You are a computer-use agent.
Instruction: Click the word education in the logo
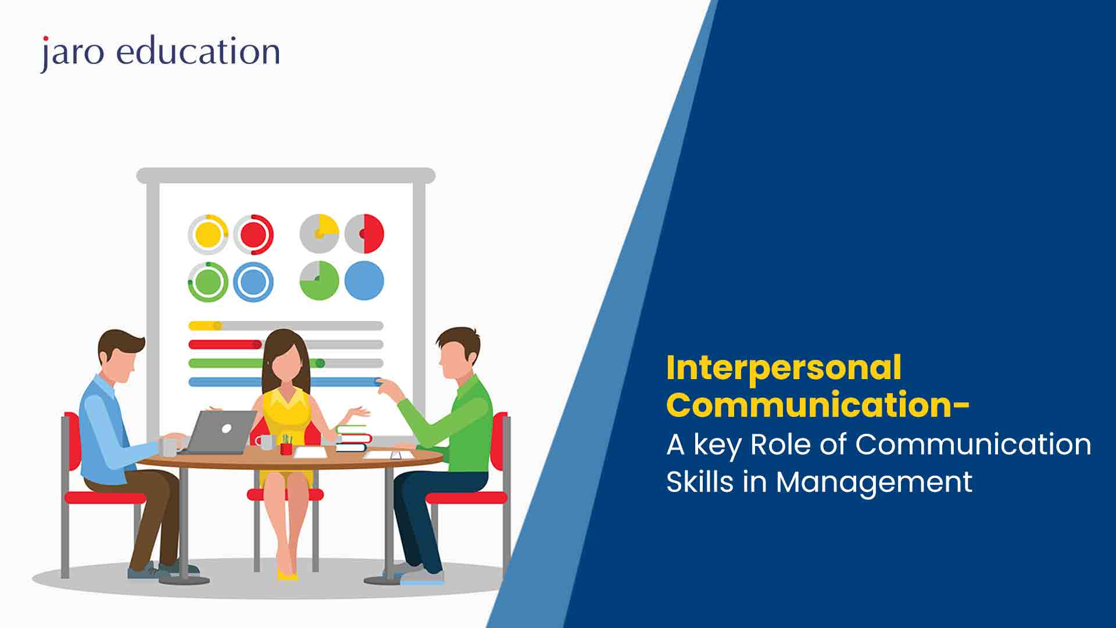(x=199, y=51)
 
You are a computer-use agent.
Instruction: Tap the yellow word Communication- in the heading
(x=818, y=405)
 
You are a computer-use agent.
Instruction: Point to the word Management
(x=874, y=483)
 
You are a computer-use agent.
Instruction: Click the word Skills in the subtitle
(x=700, y=481)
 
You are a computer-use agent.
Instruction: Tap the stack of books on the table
(x=353, y=438)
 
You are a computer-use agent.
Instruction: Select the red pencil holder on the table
(x=286, y=448)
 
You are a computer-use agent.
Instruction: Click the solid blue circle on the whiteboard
(x=364, y=281)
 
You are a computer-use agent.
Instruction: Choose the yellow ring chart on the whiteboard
(x=208, y=234)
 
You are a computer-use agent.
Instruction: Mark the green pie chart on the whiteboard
(x=319, y=281)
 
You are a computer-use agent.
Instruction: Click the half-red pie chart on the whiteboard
(x=364, y=234)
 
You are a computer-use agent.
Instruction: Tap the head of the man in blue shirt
(x=121, y=356)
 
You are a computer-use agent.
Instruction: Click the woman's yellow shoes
(x=287, y=575)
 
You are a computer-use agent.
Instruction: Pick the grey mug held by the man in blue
(x=169, y=446)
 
